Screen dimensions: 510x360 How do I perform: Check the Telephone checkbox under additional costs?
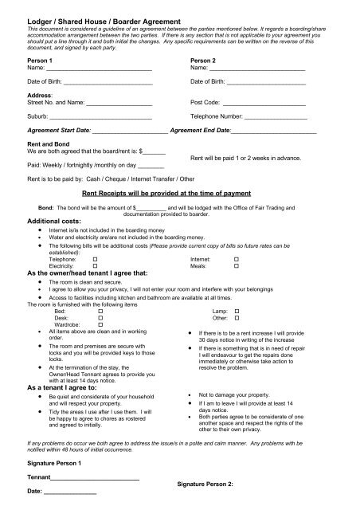(95, 260)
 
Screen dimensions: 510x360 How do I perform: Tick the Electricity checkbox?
(95, 266)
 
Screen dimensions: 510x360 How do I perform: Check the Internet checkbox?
(237, 260)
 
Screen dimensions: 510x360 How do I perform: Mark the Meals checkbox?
(237, 266)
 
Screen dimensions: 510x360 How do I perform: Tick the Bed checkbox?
(100, 311)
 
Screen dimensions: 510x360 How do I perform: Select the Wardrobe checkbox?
(100, 324)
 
